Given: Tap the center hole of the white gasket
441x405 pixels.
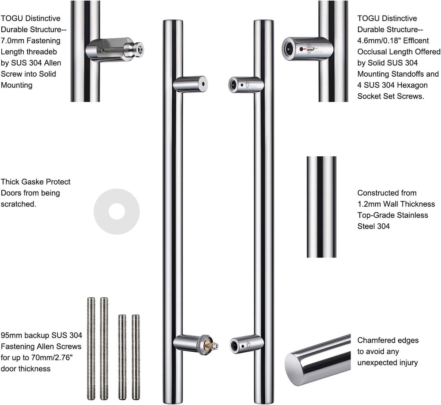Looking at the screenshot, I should [117, 211].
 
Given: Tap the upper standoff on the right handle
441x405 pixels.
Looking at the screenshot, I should [245, 85].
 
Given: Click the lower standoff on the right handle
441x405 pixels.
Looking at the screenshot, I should [246, 344].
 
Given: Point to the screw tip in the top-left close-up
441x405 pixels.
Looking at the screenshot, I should [139, 49].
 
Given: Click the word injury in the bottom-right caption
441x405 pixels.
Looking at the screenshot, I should [407, 363].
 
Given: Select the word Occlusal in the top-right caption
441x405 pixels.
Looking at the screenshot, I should [372, 52].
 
